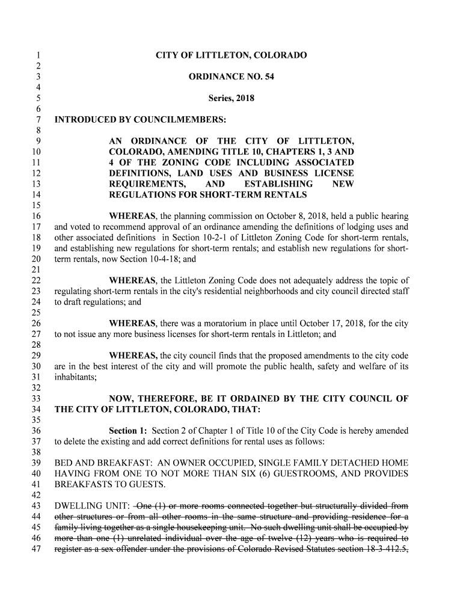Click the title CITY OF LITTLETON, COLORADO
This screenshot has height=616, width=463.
click(231, 56)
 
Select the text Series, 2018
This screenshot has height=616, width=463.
click(231, 98)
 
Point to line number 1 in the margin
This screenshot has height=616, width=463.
click(37, 56)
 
